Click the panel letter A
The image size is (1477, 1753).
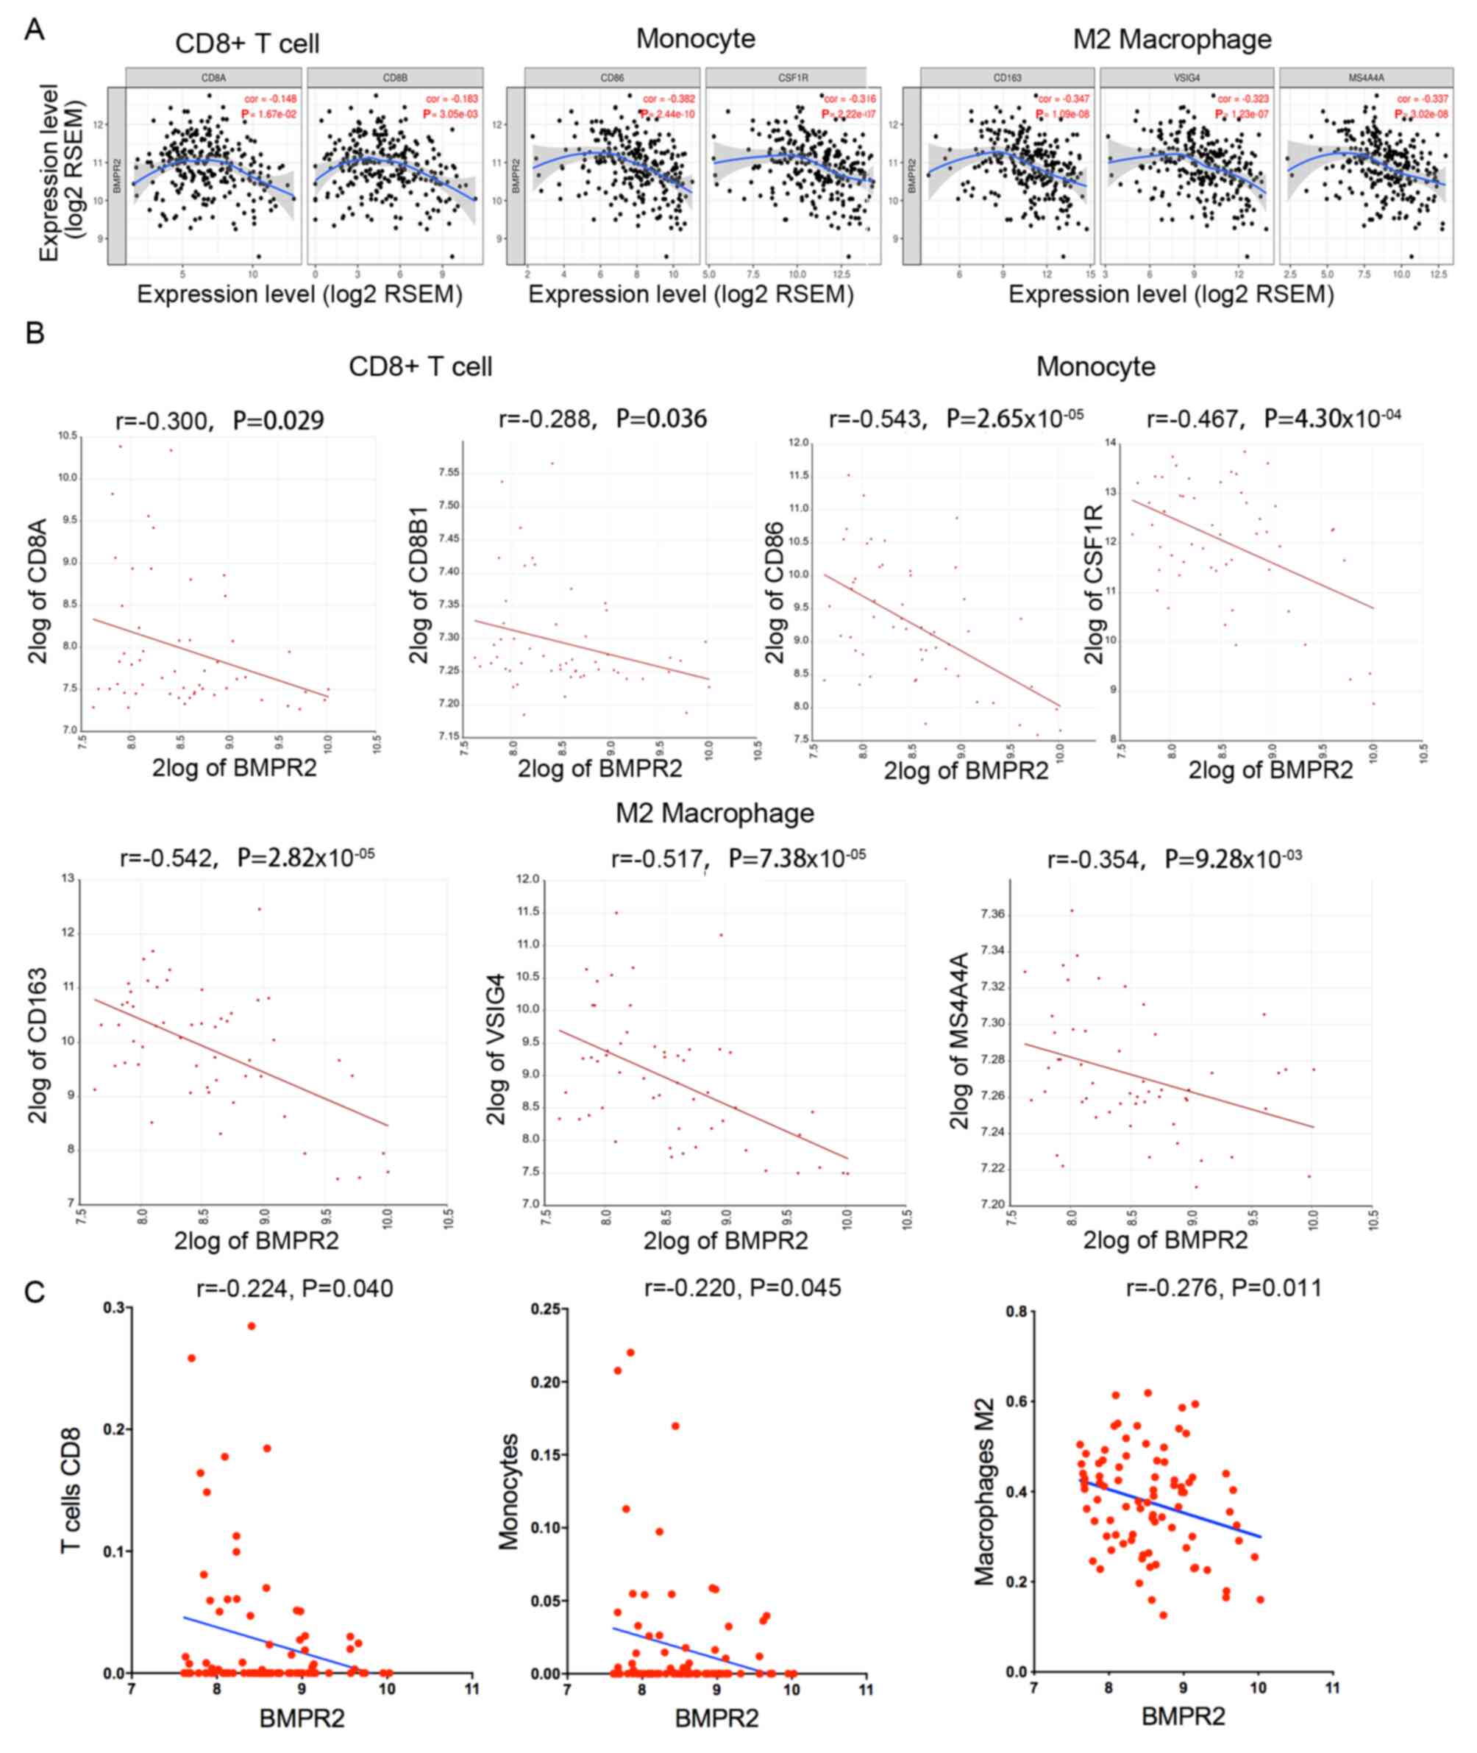pyautogui.click(x=35, y=30)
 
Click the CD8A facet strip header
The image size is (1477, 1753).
pyautogui.click(x=213, y=77)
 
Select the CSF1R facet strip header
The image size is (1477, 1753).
pyautogui.click(x=785, y=77)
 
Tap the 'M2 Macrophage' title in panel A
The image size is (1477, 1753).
pyautogui.click(x=1172, y=39)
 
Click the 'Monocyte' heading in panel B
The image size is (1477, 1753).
pyautogui.click(x=1095, y=366)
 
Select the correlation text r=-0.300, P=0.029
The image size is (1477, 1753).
pyautogui.click(x=219, y=419)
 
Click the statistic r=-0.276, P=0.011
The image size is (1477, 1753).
pyautogui.click(x=1223, y=1287)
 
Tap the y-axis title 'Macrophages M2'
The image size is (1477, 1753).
pyautogui.click(x=985, y=1491)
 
